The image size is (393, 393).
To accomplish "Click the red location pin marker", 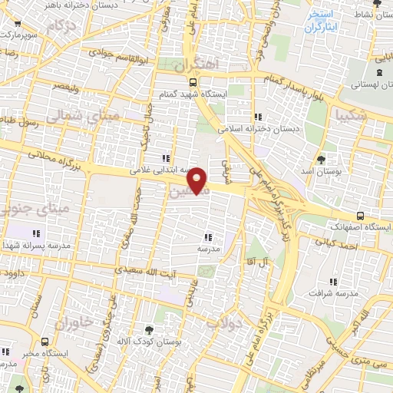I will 198,179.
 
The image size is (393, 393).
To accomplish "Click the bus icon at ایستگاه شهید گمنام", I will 191,81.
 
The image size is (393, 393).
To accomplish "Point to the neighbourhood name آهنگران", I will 197,64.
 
